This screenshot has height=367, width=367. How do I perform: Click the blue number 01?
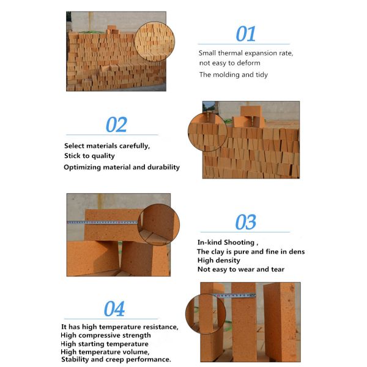(x=245, y=34)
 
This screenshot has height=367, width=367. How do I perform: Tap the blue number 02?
(x=116, y=125)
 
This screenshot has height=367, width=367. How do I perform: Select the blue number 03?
(x=245, y=222)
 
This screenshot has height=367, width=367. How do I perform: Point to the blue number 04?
(x=114, y=309)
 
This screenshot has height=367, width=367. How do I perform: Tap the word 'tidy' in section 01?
(x=262, y=75)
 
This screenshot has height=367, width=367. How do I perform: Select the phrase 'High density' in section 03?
(x=218, y=261)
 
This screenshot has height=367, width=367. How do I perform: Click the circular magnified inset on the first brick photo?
(x=155, y=42)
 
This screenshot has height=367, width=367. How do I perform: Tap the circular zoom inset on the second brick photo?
(x=207, y=132)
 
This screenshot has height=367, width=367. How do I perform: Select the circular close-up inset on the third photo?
(x=158, y=224)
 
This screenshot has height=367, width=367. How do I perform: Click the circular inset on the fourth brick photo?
(x=206, y=314)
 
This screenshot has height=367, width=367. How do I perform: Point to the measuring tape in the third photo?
(x=102, y=223)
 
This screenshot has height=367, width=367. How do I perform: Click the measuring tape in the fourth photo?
(x=234, y=296)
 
